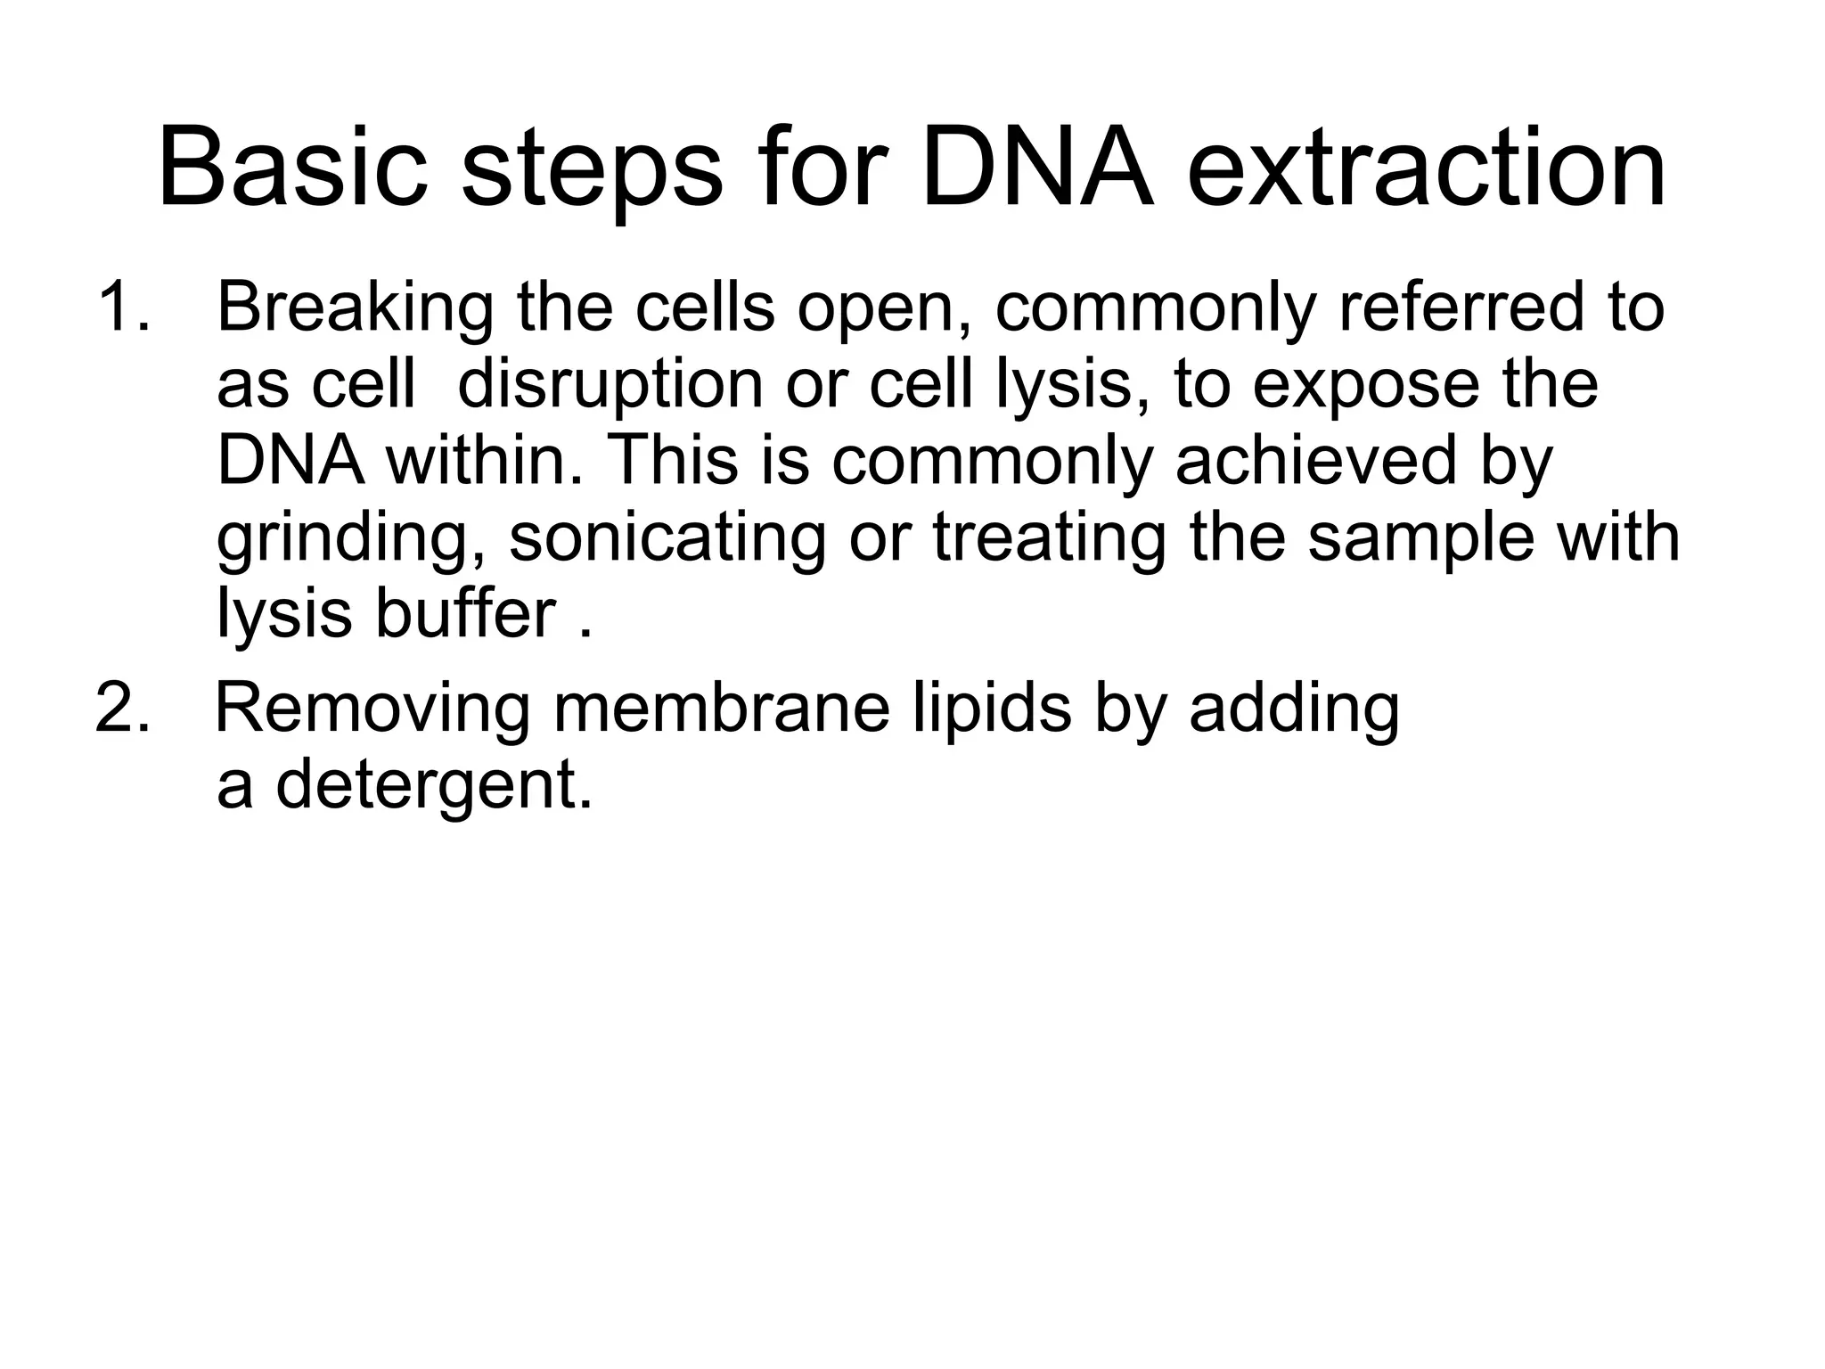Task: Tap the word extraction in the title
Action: point(1426,169)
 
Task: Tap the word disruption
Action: point(610,386)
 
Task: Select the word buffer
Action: point(465,614)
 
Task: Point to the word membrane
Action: point(722,709)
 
